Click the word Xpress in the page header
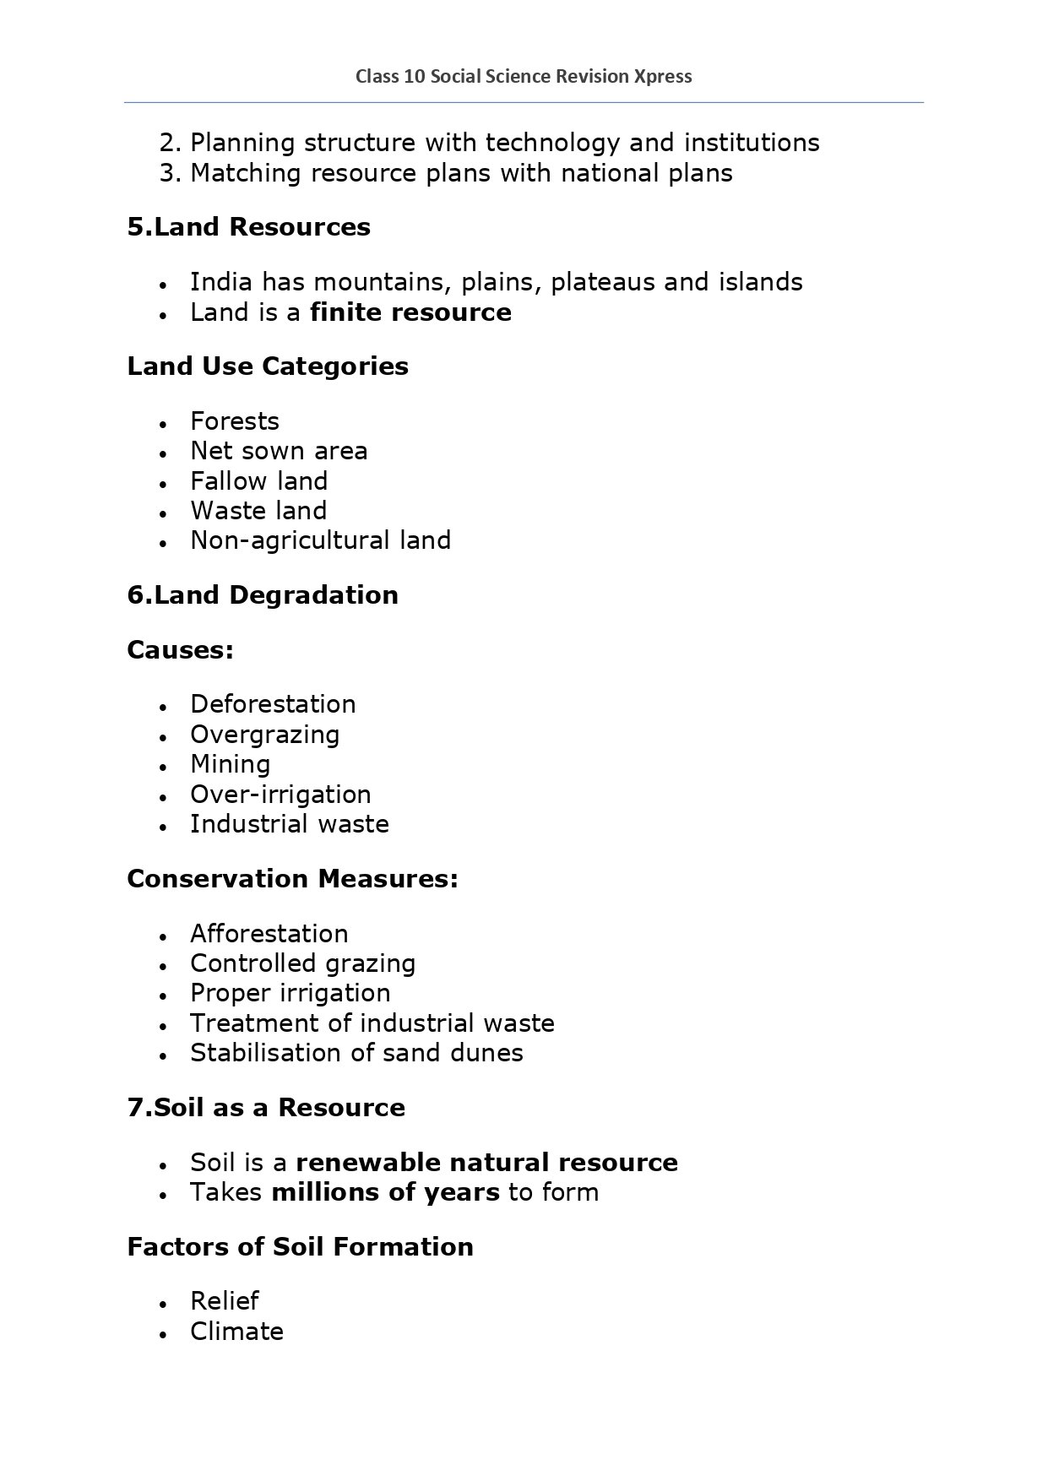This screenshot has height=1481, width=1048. point(663,77)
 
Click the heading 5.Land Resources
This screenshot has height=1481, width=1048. point(248,227)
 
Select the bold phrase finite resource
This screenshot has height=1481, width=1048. point(410,312)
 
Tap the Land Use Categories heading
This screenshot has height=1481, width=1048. point(268,366)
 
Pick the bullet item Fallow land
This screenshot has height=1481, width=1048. point(258,481)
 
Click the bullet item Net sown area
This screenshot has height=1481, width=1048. point(279,451)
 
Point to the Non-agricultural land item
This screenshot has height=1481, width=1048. point(320,540)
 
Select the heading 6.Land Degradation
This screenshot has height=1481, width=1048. point(263,595)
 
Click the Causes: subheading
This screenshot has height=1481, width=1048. point(180,650)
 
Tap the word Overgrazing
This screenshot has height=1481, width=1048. point(264,735)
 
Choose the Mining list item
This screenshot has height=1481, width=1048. point(230,764)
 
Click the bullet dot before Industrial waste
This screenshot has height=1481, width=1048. point(163,826)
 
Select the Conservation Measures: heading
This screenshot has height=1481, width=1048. point(292,879)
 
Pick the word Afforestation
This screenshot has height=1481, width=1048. point(269,934)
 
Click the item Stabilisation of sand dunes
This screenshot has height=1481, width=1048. point(356,1053)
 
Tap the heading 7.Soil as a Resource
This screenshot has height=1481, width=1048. point(266,1108)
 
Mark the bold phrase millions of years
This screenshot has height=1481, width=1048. point(385,1192)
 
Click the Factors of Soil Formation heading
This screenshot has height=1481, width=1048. point(300,1247)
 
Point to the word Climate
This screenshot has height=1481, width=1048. point(236,1332)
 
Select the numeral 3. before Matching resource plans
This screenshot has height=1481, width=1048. point(171,173)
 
